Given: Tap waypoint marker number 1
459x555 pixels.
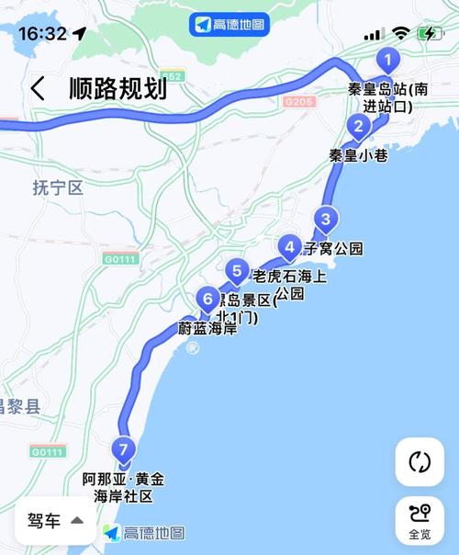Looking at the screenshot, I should [x=387, y=62].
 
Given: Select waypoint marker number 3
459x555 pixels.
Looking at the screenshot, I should [x=324, y=219].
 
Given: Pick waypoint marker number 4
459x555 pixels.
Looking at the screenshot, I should [x=290, y=246].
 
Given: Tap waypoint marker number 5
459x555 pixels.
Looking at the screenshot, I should [x=237, y=271].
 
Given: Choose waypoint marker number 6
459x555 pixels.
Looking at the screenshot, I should [x=207, y=299].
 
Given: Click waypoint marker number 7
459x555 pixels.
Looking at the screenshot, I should [x=124, y=448].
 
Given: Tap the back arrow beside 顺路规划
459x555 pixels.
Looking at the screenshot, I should [x=38, y=89].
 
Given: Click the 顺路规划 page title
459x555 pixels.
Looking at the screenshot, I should [x=118, y=89].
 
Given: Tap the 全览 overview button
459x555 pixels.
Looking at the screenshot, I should [x=420, y=521].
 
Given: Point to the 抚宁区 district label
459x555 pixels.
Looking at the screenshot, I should [x=58, y=188].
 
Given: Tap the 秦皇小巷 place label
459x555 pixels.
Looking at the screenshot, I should [x=358, y=155].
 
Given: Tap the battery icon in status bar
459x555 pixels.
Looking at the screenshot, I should [x=430, y=34].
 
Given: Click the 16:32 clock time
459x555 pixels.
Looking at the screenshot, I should [x=42, y=34].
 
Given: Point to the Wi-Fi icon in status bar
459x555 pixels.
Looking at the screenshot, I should [x=400, y=34].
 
